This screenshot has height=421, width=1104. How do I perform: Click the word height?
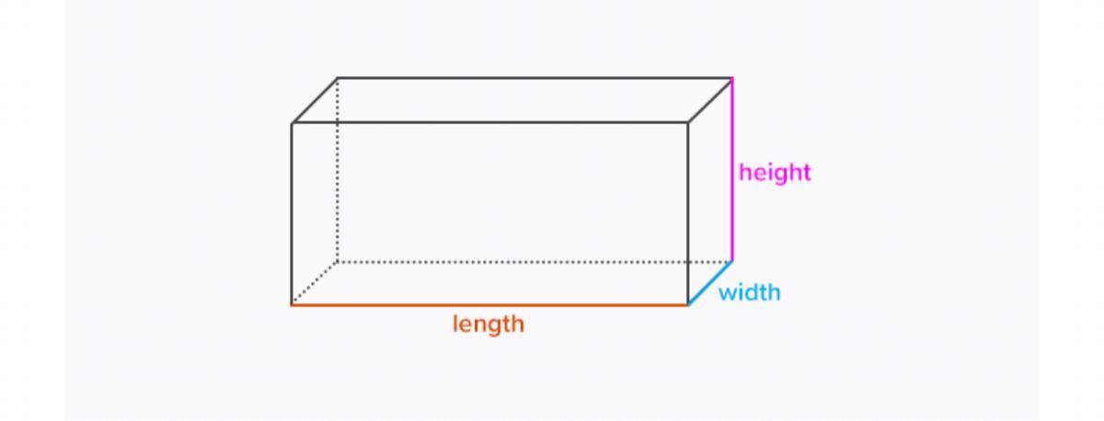(775, 172)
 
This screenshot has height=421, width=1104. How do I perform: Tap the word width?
(749, 292)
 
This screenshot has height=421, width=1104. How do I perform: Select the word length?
(488, 324)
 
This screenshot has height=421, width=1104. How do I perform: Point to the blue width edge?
(710, 283)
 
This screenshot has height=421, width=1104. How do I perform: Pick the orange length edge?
(489, 304)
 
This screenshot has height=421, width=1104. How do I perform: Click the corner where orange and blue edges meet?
(688, 304)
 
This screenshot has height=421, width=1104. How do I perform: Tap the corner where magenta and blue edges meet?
(732, 261)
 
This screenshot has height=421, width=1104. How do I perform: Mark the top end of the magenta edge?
(732, 79)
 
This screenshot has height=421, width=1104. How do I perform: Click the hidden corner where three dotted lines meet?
(338, 261)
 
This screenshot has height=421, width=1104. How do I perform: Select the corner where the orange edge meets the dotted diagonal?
(293, 304)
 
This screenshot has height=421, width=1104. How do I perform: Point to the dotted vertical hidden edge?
(338, 170)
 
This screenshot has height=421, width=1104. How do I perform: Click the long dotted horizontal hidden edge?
(534, 261)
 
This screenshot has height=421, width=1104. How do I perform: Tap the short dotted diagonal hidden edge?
(315, 283)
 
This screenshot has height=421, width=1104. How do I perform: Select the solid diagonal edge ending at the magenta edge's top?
(710, 100)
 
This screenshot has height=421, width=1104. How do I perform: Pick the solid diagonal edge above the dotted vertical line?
(315, 100)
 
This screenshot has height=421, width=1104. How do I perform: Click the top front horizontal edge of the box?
(489, 122)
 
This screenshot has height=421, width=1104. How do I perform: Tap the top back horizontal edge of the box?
(534, 78)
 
